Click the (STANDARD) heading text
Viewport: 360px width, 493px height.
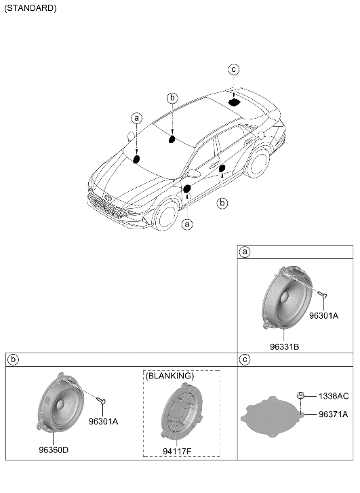[31, 8]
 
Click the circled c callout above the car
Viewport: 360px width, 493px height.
[234, 69]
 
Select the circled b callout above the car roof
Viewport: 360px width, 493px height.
[172, 98]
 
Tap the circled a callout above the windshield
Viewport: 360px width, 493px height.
[136, 118]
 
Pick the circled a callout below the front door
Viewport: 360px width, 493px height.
[187, 224]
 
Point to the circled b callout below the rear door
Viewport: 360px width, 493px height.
[222, 203]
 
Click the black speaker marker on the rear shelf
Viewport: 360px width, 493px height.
[234, 102]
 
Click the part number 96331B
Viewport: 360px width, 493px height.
[284, 347]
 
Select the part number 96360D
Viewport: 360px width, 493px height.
[54, 450]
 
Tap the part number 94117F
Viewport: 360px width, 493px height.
[177, 451]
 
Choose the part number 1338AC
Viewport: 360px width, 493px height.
[334, 396]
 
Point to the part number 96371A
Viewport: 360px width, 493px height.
[334, 414]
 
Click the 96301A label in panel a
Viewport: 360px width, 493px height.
[323, 316]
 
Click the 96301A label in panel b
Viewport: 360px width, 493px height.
[103, 422]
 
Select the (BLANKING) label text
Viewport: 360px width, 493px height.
[169, 376]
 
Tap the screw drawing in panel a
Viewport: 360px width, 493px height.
[322, 294]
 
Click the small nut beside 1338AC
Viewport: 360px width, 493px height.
[300, 395]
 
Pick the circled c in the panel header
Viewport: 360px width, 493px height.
[245, 359]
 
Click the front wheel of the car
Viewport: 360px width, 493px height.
[166, 214]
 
